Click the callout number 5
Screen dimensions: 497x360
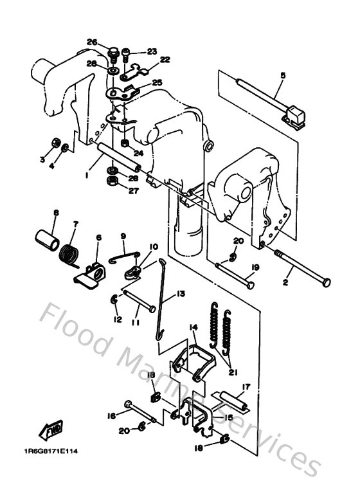click(282, 75)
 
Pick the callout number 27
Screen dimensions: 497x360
click(132, 191)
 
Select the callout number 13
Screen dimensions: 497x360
click(181, 294)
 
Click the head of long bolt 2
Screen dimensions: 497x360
click(327, 282)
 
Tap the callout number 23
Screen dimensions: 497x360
click(152, 51)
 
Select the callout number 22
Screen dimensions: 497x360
click(165, 60)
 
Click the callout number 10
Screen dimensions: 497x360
click(154, 247)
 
